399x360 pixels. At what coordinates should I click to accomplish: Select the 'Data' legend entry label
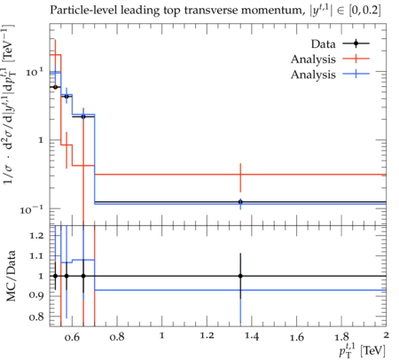pos(323,44)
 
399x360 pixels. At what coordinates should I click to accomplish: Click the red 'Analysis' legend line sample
pos(356,59)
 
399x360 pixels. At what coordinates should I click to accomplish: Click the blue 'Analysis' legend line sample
pos(356,74)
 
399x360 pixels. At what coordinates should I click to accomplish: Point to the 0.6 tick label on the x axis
pos(72,337)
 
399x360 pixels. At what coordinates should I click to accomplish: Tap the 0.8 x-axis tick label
pos(117,337)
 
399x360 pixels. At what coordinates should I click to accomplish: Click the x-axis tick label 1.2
pos(207,337)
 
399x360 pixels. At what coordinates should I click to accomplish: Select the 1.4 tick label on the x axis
pos(252,337)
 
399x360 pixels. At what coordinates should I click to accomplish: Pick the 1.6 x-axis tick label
pos(297,337)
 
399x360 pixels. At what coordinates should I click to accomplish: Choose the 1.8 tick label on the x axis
pos(341,337)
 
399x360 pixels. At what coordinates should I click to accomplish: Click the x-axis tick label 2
pos(386,336)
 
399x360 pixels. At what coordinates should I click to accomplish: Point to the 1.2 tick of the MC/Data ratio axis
pos(36,236)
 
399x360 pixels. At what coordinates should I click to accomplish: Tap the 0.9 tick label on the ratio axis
pos(36,296)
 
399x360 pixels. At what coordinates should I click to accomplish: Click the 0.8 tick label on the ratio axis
pos(36,317)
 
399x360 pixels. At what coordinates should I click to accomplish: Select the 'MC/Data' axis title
pos(11,276)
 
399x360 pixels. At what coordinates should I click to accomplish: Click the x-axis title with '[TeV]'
pos(363,350)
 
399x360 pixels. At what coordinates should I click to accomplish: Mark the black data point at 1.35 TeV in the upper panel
pos(240,202)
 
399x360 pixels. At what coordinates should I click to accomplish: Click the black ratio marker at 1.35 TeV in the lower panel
pos(240,276)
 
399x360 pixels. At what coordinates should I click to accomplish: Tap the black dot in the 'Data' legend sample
pos(356,43)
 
